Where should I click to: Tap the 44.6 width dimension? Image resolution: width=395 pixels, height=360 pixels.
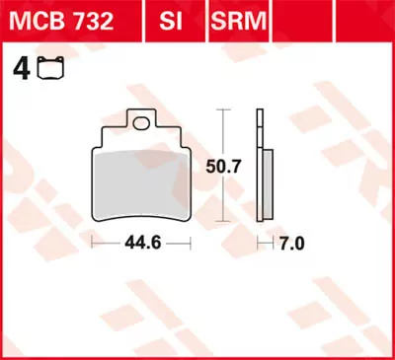(144, 241)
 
